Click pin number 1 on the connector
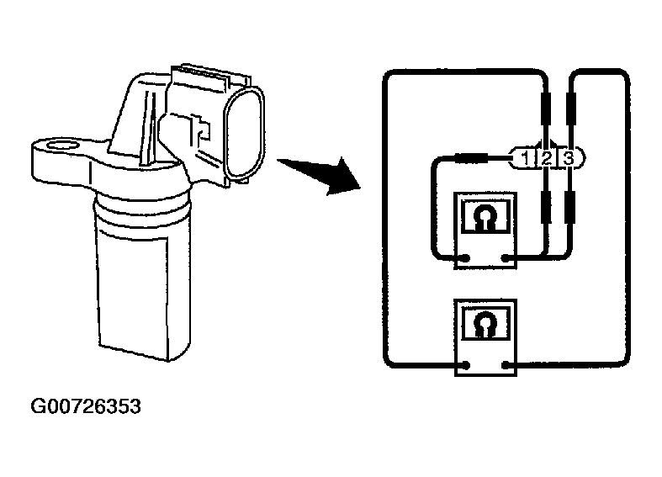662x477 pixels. point(525,157)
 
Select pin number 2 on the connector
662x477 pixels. point(546,157)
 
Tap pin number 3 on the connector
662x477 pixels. point(568,157)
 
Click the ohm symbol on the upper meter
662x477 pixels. point(484,218)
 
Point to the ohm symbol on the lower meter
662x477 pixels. point(484,322)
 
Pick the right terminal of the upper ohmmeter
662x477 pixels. point(505,257)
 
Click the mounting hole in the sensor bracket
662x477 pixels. point(61,150)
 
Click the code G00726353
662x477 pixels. point(86,408)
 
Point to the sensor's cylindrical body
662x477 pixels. point(142,278)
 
